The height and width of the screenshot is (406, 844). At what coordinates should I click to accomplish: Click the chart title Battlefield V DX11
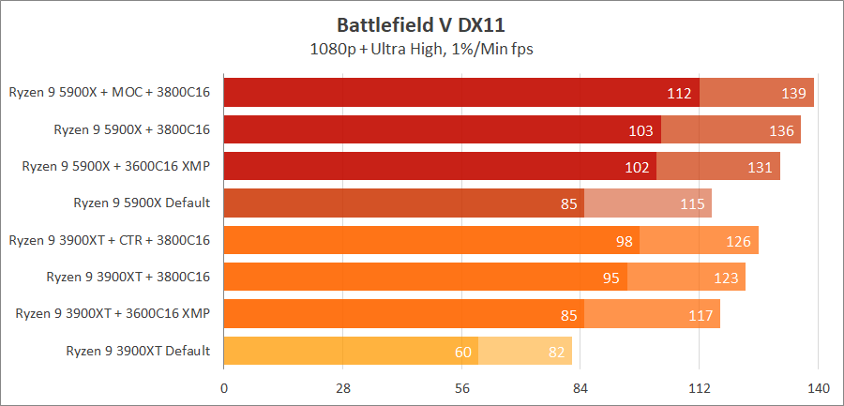tap(421, 23)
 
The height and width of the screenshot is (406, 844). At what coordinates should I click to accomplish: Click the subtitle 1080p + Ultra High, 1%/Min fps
tap(421, 48)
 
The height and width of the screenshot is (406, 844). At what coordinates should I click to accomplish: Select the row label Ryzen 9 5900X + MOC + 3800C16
tap(110, 92)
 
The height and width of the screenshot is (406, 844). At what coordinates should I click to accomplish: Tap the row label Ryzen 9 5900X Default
tap(142, 202)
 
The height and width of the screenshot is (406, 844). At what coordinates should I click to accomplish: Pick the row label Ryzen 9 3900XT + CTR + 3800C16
tap(110, 239)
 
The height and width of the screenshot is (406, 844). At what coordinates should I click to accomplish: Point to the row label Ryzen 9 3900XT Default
tap(138, 351)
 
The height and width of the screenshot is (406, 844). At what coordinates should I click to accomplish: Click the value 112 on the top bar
tap(679, 93)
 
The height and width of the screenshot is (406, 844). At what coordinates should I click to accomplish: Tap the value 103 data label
tap(641, 130)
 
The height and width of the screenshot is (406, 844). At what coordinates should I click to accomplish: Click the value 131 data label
tap(761, 167)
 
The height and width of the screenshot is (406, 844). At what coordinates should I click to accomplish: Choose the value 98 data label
tap(624, 241)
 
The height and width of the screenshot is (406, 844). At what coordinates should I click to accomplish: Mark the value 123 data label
tap(726, 278)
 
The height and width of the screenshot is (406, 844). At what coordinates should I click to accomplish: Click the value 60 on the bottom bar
tap(462, 352)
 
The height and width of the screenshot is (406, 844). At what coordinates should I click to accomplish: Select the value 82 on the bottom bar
tap(556, 352)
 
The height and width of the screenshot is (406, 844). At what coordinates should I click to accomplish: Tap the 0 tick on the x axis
tap(224, 389)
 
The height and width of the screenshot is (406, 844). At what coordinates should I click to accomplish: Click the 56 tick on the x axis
tap(461, 389)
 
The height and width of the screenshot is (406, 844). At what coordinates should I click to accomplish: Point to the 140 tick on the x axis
tap(818, 389)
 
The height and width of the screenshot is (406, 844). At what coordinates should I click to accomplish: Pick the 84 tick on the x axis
tap(580, 389)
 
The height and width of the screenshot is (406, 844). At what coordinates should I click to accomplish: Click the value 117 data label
tap(701, 315)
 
